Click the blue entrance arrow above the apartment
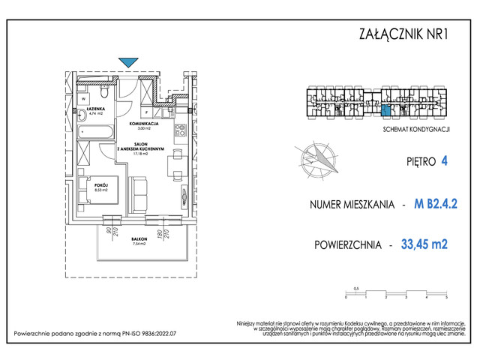pyautogui.click(x=128, y=63)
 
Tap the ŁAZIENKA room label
pyautogui.click(x=94, y=109)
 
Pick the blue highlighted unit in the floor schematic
pyautogui.click(x=385, y=112)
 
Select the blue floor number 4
pyautogui.click(x=445, y=160)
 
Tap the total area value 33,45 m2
pyautogui.click(x=429, y=244)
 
